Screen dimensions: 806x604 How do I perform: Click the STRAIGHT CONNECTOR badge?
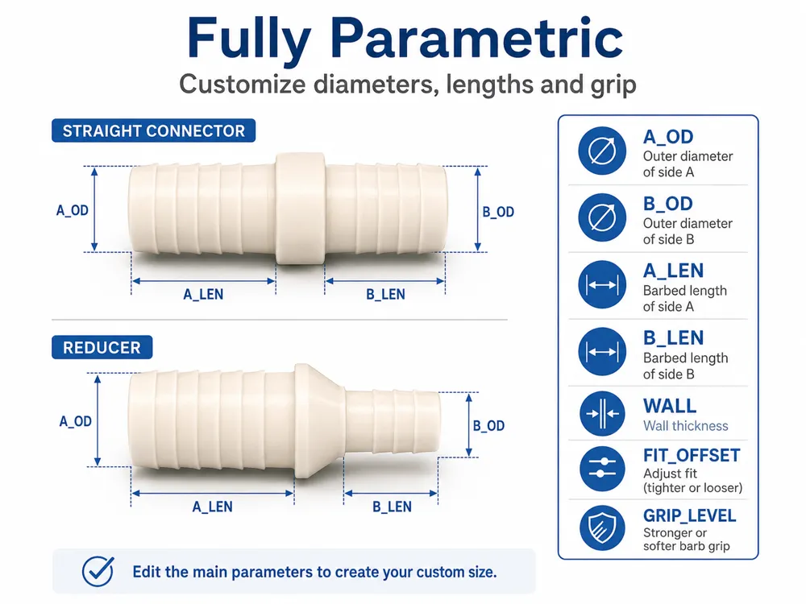click(x=153, y=130)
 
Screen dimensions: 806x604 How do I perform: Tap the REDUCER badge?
click(x=102, y=347)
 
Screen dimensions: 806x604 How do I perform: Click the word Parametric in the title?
click(x=476, y=39)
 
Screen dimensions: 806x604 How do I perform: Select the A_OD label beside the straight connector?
click(x=72, y=210)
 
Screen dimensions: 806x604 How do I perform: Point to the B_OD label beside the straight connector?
click(x=498, y=212)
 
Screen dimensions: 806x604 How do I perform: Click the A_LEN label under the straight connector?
click(x=203, y=295)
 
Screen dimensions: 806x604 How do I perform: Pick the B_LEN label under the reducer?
click(x=392, y=507)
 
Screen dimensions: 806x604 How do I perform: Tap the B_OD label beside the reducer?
click(x=488, y=426)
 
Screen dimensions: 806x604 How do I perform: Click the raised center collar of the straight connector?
click(x=300, y=209)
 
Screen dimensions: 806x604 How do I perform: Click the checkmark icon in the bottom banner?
click(x=98, y=571)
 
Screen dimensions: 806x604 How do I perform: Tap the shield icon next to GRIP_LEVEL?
click(x=602, y=528)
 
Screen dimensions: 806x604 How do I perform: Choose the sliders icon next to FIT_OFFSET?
click(x=602, y=468)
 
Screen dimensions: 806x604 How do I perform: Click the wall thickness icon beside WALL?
click(x=602, y=413)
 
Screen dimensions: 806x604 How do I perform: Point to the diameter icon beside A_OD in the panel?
click(x=602, y=151)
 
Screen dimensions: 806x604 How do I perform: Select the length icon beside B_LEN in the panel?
click(x=602, y=352)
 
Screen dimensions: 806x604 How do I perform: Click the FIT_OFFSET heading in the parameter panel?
click(x=692, y=455)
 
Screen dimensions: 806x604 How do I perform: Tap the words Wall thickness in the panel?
click(x=686, y=426)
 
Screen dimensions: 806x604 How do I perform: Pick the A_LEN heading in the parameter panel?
click(x=673, y=271)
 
